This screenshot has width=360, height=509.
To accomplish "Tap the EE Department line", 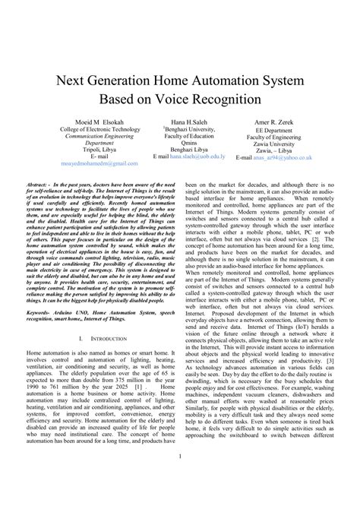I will pos(284,130).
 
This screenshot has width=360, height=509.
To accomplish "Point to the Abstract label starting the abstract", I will pos(39,185).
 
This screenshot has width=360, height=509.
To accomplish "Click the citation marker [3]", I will pos(328,361).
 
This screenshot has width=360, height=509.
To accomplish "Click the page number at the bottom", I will pos(180,478).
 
